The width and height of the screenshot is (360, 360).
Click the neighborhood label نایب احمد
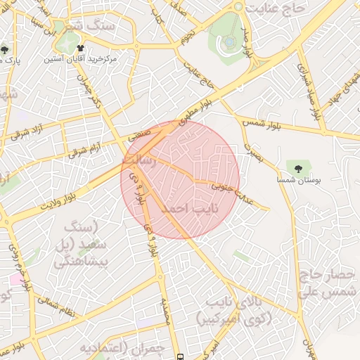tap(190, 210)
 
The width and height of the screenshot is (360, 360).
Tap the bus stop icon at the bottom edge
tap(181, 356)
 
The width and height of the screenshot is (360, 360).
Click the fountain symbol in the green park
tap(229, 41)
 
